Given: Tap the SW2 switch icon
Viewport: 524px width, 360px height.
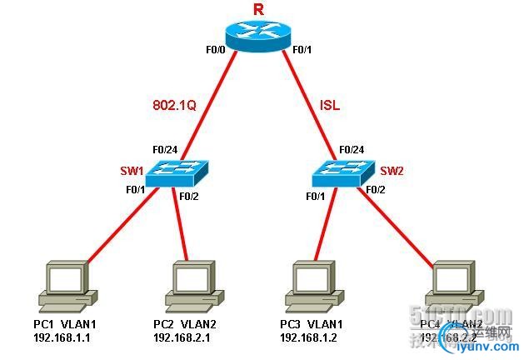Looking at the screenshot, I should pyautogui.click(x=344, y=171).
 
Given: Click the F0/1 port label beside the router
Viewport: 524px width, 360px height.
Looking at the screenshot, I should pyautogui.click(x=302, y=51).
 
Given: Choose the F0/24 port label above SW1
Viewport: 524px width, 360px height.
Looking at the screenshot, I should pyautogui.click(x=164, y=150).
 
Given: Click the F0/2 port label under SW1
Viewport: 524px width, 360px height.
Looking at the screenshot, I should pyautogui.click(x=191, y=197).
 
